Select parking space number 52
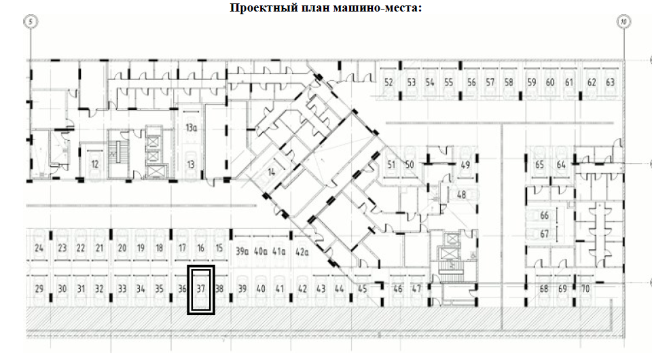[389, 82]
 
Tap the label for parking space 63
[610, 82]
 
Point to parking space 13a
[191, 127]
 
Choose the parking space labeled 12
[95, 164]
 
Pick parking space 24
[39, 248]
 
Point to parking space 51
[391, 165]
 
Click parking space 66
[544, 215]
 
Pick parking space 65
[541, 165]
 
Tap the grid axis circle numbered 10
[623, 22]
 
